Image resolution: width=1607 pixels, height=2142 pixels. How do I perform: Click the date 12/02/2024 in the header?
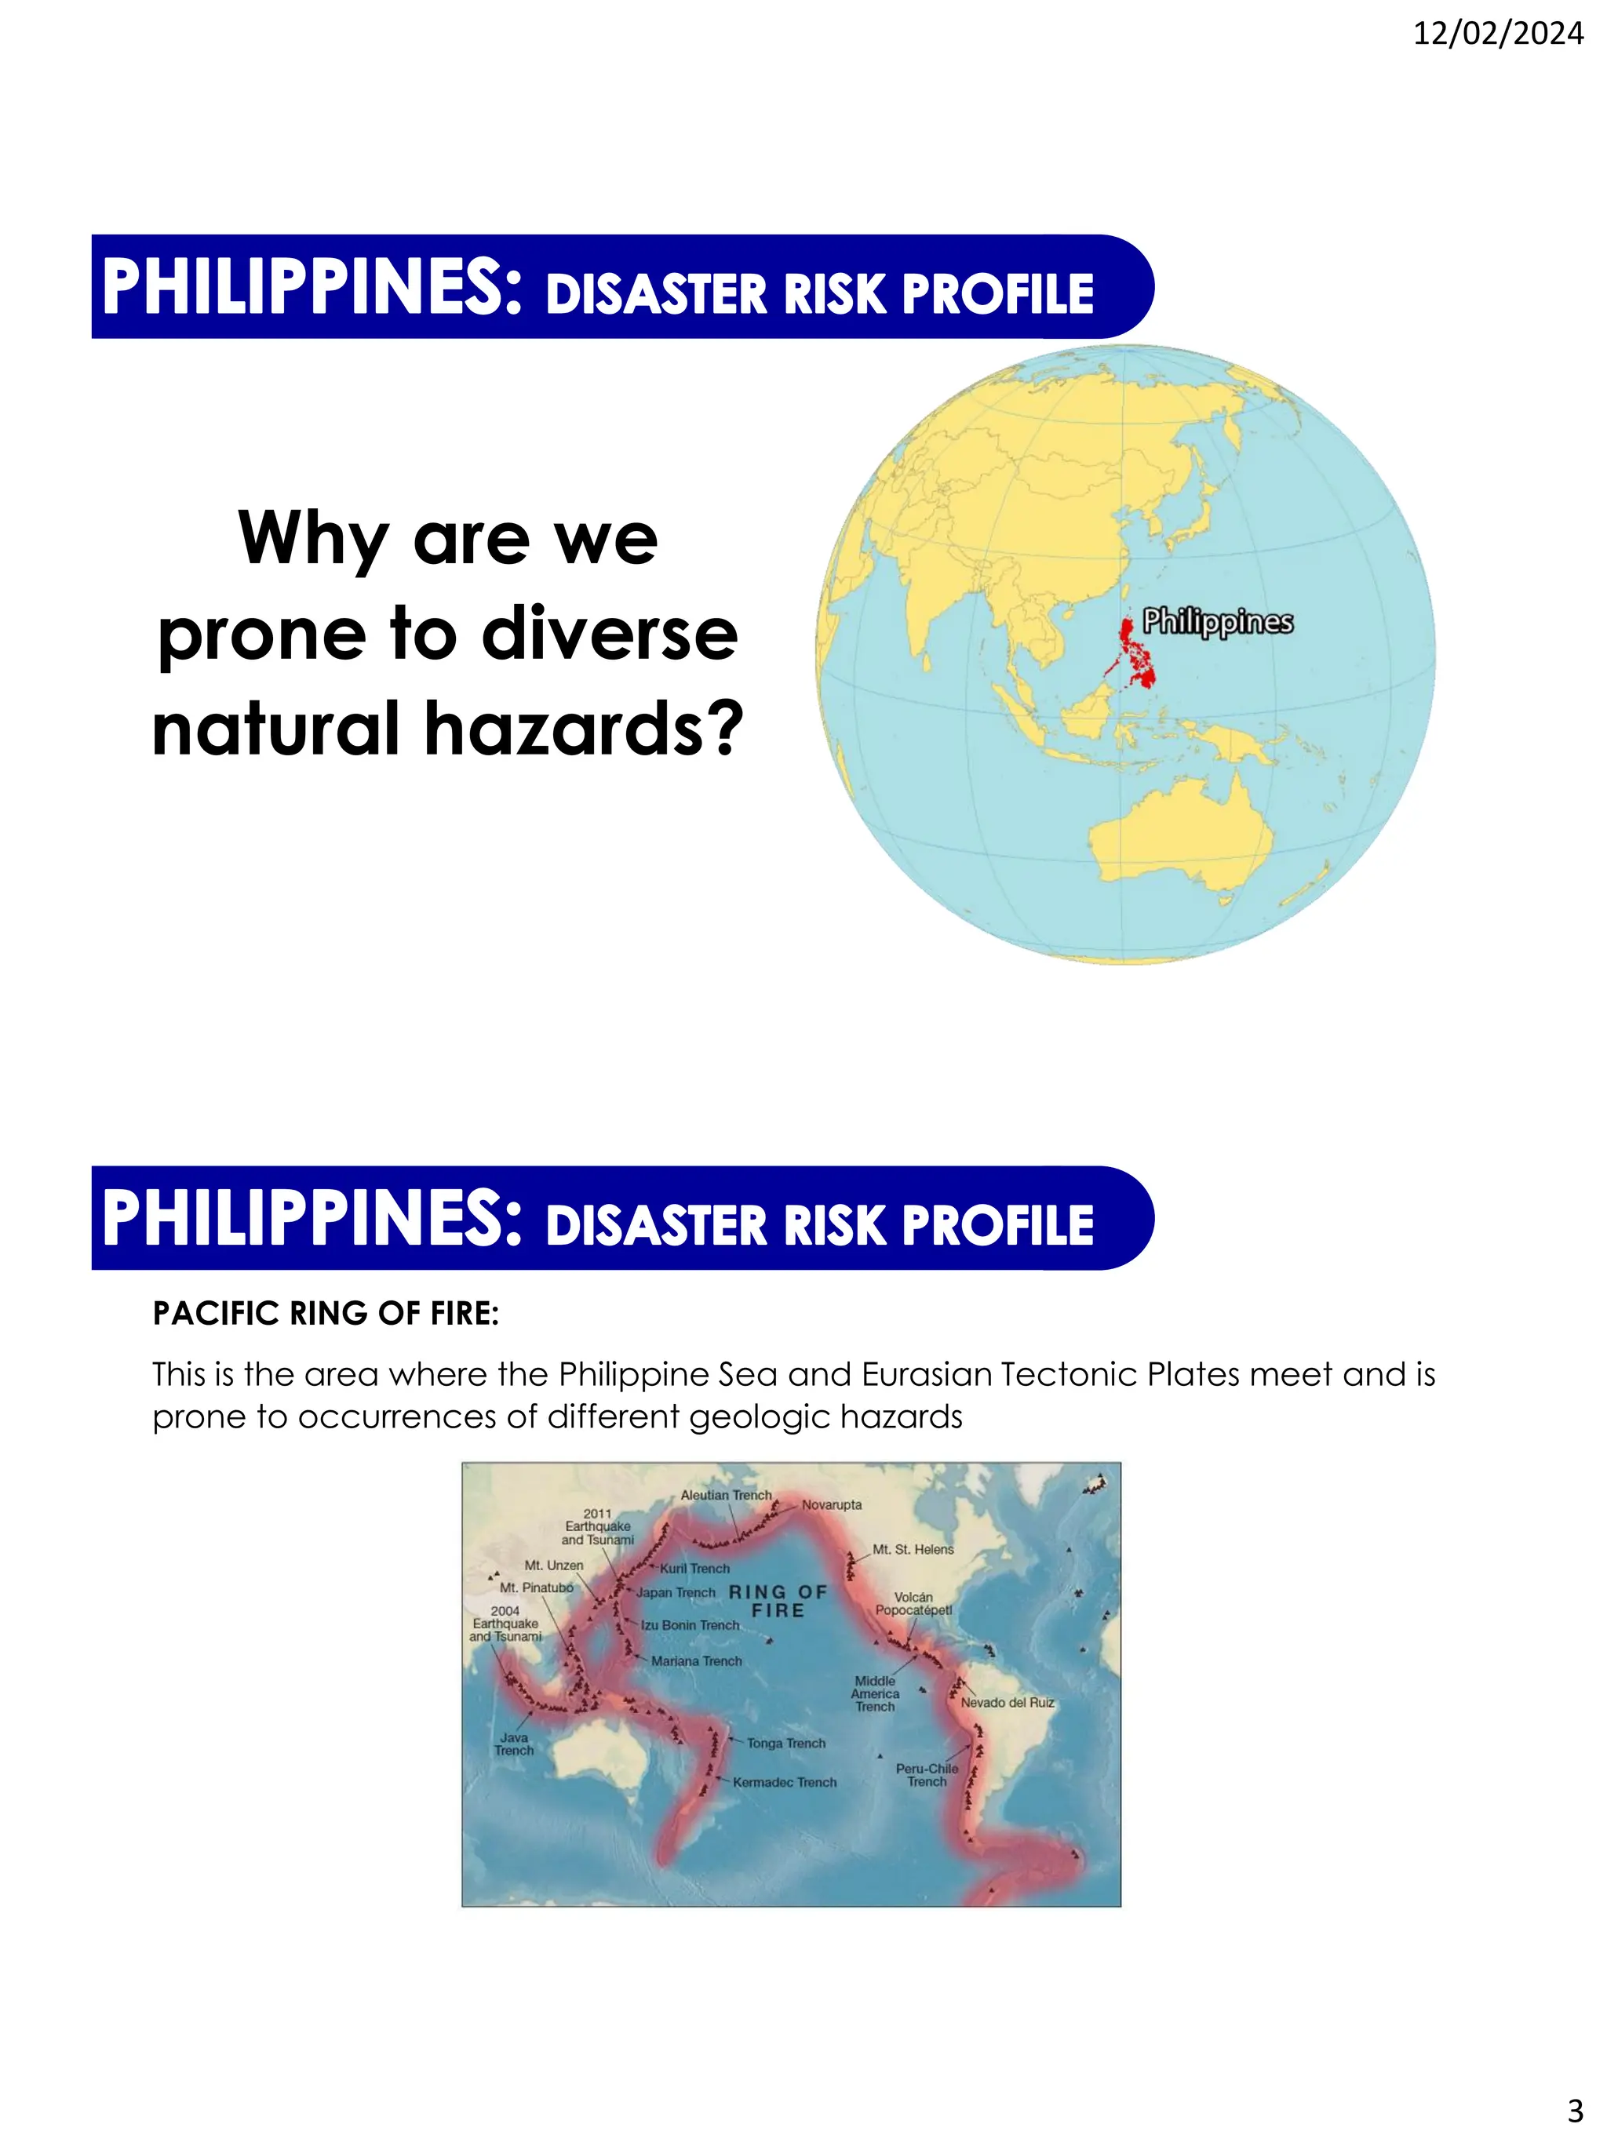[x=1498, y=34]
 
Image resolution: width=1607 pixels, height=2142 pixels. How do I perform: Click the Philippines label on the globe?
[x=1217, y=622]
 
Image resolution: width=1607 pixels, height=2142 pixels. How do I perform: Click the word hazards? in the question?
[x=584, y=728]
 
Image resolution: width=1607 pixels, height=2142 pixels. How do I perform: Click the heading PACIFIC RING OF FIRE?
[x=326, y=1313]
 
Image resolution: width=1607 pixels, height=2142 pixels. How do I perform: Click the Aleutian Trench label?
[x=726, y=1495]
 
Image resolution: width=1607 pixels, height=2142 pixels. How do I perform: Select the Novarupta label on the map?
[x=831, y=1505]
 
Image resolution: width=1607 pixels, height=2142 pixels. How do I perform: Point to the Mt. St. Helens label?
[x=913, y=1549]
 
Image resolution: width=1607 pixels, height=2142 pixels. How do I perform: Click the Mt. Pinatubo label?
[x=536, y=1588]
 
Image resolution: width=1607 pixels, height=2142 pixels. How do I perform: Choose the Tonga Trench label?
[x=785, y=1743]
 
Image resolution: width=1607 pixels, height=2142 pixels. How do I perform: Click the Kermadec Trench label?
[x=784, y=1782]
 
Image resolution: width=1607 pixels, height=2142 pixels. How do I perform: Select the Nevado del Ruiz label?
[x=1007, y=1702]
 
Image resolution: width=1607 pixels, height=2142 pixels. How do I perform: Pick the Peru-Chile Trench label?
[x=927, y=1775]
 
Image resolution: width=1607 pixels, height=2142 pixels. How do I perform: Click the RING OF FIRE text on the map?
[x=778, y=1601]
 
